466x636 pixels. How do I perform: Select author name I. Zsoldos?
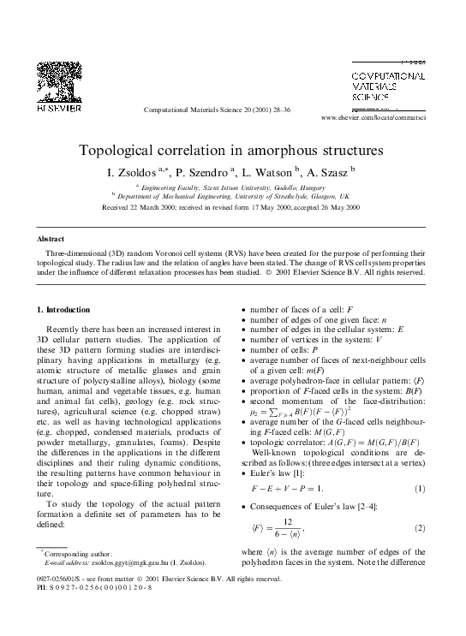(x=136, y=171)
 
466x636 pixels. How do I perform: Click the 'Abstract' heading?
(x=53, y=239)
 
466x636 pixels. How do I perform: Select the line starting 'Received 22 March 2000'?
(x=231, y=207)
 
